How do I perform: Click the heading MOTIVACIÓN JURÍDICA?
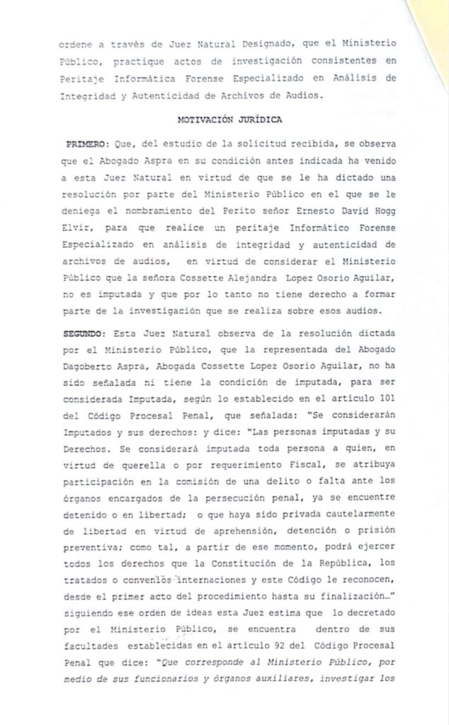tap(229, 120)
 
